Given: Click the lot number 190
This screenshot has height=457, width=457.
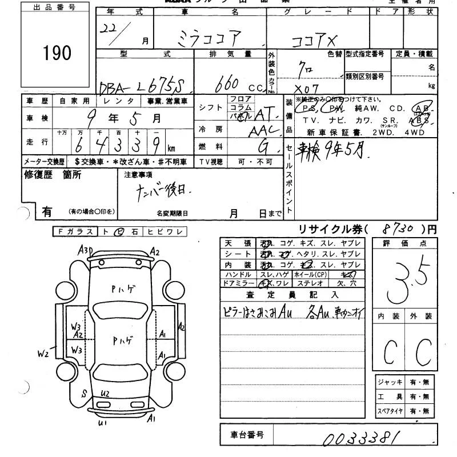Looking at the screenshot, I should pyautogui.click(x=57, y=53).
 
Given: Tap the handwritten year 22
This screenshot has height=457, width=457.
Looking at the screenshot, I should pyautogui.click(x=122, y=30).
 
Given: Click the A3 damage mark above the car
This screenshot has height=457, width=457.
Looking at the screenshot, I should pyautogui.click(x=86, y=249).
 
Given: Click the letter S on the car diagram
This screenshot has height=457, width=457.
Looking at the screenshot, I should pyautogui.click(x=84, y=393).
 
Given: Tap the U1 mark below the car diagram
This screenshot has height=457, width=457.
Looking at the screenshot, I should pyautogui.click(x=103, y=423).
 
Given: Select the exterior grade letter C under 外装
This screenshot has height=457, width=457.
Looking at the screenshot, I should pyautogui.click(x=423, y=352).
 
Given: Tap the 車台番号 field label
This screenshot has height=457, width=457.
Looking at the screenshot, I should pyautogui.click(x=247, y=435).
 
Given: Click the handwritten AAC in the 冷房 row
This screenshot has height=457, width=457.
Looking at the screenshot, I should pyautogui.click(x=264, y=130).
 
